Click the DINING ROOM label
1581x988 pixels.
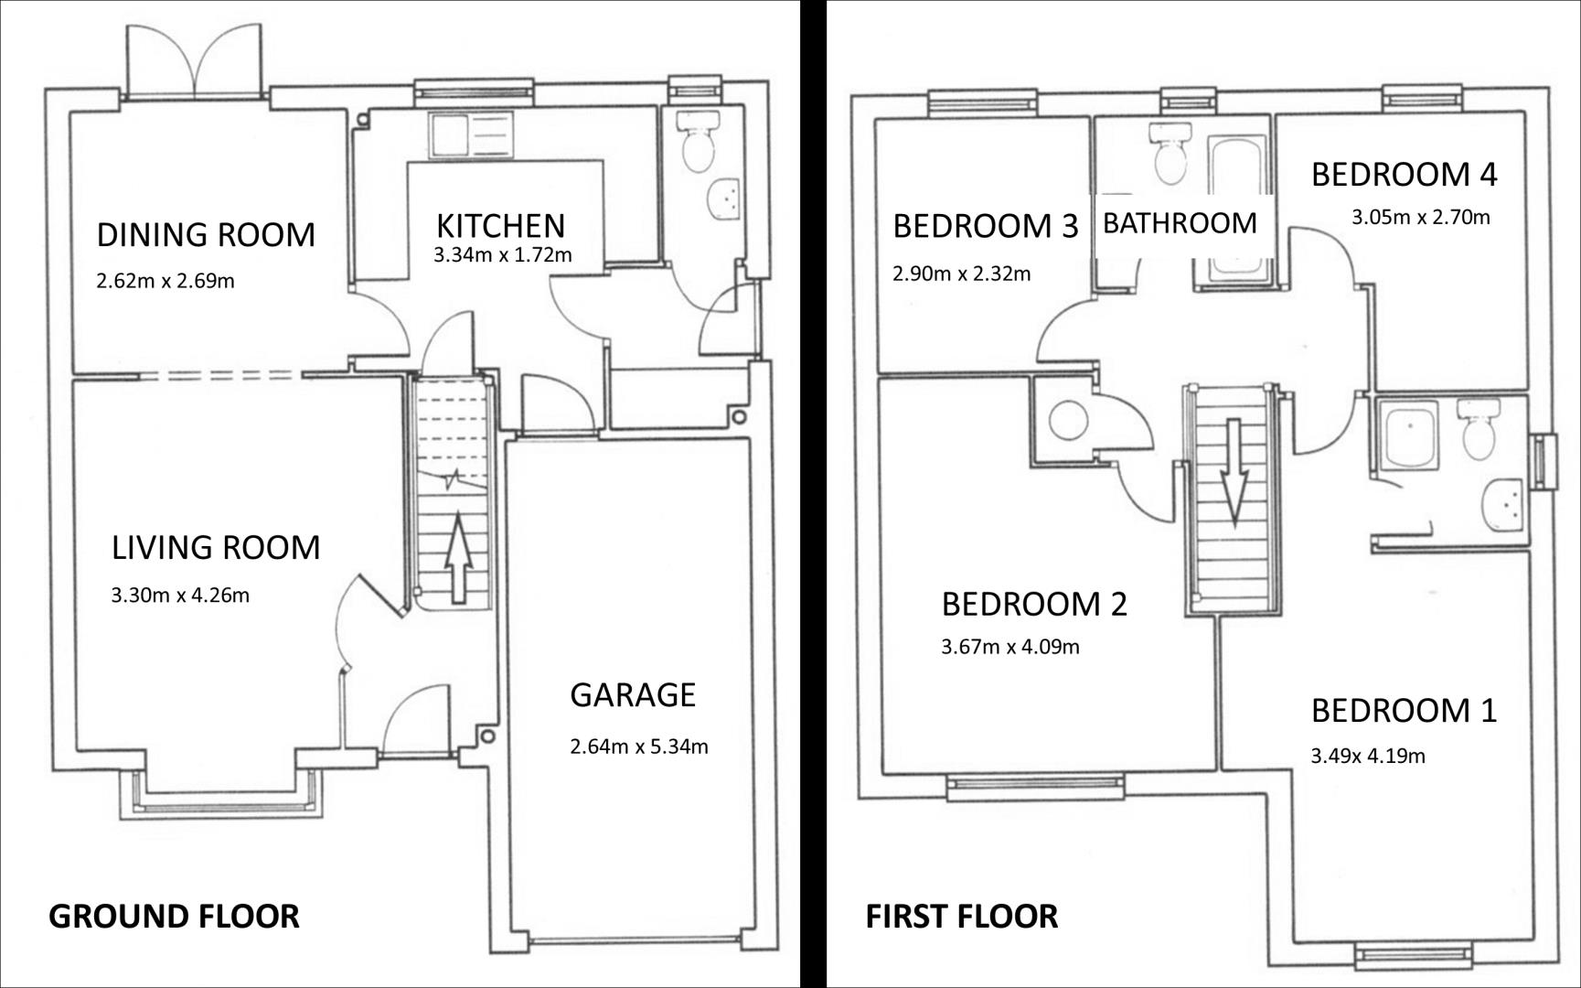206,235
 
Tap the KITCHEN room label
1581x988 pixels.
500,226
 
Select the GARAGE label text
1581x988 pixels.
633,695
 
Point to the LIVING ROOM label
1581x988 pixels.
216,548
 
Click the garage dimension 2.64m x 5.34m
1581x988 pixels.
639,746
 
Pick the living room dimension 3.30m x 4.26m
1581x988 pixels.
180,596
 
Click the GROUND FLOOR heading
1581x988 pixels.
174,916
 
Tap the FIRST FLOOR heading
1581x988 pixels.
962,916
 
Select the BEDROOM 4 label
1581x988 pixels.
1405,175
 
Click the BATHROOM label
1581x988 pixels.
1180,223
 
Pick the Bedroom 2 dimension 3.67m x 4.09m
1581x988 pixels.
1010,647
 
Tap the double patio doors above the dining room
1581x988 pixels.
195,60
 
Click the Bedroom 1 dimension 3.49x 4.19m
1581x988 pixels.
1368,756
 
